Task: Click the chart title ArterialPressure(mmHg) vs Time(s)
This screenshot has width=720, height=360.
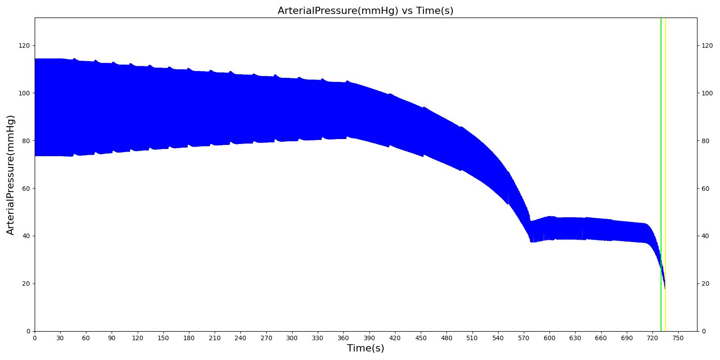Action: coord(365,11)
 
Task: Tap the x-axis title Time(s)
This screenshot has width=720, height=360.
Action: coord(365,348)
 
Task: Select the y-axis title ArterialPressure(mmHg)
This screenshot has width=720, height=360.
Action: coord(11,175)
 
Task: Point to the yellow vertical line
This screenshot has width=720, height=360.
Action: coord(666,135)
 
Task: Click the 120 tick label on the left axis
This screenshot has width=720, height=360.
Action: coord(24,46)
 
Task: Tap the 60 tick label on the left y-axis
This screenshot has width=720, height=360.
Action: coord(26,189)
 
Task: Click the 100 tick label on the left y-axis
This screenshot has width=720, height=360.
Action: coord(24,93)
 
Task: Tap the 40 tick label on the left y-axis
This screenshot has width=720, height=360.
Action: coord(26,236)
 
